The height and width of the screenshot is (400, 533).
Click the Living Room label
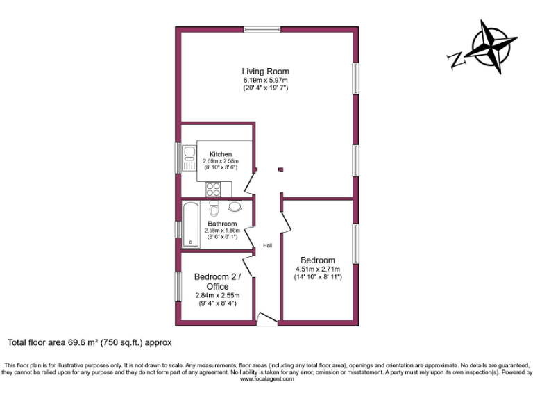pyautogui.click(x=265, y=71)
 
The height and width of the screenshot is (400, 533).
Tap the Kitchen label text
pyautogui.click(x=221, y=154)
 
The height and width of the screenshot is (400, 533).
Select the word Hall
pyautogui.click(x=267, y=245)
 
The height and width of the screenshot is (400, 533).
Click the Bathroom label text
pyautogui.click(x=222, y=224)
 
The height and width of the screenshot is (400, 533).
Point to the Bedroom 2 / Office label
pyautogui.click(x=217, y=281)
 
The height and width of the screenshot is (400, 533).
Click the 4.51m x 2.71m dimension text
pyautogui.click(x=316, y=269)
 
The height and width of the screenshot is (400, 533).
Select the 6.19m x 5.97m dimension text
pyautogui.click(x=265, y=80)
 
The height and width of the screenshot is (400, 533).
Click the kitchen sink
pyautogui.click(x=189, y=159)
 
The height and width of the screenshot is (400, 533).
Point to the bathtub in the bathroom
pyautogui.click(x=191, y=224)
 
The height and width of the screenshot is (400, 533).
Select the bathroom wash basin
pyautogui.click(x=235, y=206)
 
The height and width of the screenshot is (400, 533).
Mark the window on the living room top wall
pyautogui.click(x=262, y=29)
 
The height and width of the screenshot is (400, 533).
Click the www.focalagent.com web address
pyautogui.click(x=266, y=379)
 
